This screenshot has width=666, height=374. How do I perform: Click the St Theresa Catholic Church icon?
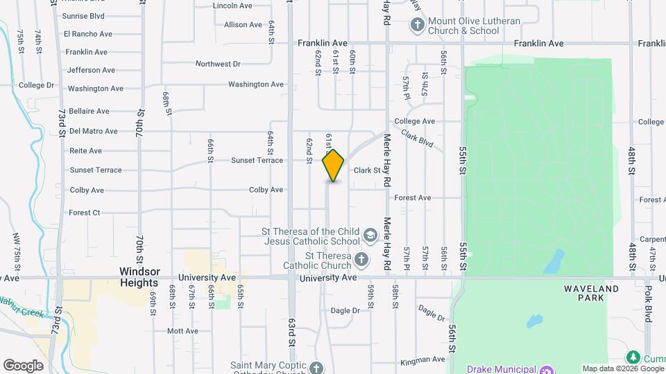tap(361, 259)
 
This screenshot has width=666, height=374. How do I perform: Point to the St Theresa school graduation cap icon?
tap(370, 235)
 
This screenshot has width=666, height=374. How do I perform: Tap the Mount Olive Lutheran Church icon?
tap(418, 26)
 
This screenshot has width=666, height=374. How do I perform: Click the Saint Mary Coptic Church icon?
tap(316, 367)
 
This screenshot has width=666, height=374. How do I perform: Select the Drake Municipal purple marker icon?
tap(547, 369)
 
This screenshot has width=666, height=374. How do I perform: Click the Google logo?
tap(23, 366)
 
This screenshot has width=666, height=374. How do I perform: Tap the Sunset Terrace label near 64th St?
tap(257, 160)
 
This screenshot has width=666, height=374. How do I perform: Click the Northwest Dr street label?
tap(218, 64)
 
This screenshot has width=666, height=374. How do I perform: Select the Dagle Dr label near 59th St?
tap(345, 310)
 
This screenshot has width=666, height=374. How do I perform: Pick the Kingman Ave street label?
tap(422, 359)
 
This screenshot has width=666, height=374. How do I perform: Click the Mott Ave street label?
tap(183, 331)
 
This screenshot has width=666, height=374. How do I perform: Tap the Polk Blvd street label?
tap(648, 303)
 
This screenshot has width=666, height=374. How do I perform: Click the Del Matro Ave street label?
tap(94, 131)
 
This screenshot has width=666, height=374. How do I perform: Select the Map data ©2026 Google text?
tap(622, 368)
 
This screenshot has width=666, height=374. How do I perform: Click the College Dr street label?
tap(37, 85)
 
